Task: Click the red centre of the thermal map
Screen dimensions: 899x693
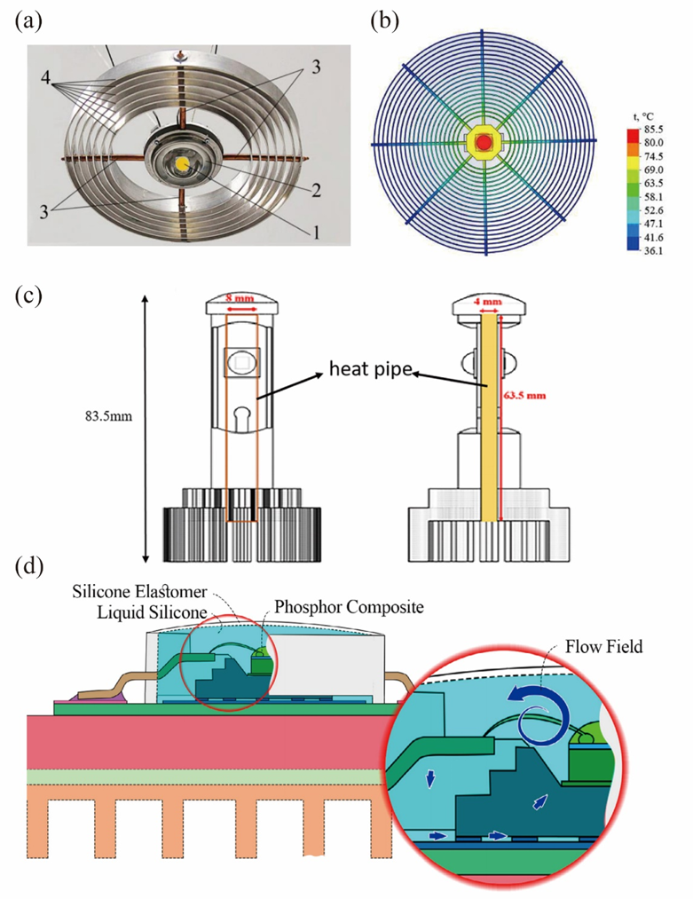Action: [484, 142]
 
